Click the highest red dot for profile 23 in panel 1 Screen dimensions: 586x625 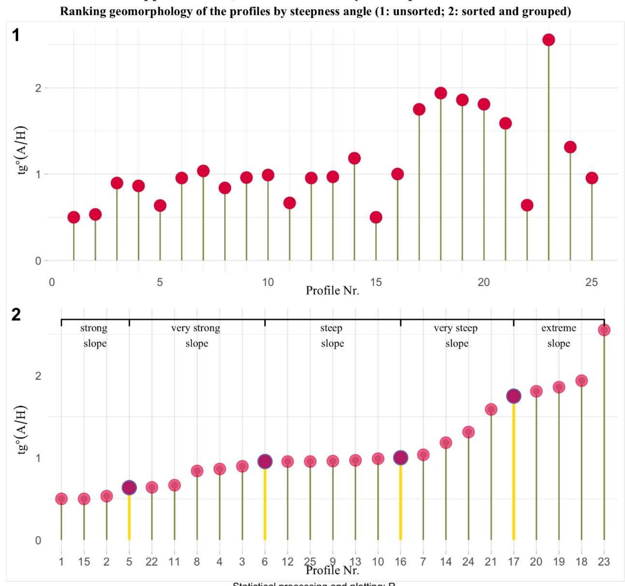click(x=549, y=40)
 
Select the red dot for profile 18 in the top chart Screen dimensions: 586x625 click(x=441, y=93)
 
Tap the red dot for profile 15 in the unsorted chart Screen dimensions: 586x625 click(x=376, y=217)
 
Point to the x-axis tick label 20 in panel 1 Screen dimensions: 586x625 click(x=483, y=282)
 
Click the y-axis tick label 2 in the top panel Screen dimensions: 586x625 click(x=38, y=88)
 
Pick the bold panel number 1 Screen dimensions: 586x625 click(x=16, y=35)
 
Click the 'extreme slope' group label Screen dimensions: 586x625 click(x=558, y=336)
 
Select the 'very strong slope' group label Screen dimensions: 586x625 click(x=196, y=336)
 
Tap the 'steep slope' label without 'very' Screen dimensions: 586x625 click(x=332, y=336)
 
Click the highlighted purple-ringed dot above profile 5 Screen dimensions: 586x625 click(x=129, y=488)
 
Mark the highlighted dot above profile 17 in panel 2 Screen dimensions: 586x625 click(x=513, y=396)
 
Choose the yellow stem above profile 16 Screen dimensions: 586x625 click(x=400, y=503)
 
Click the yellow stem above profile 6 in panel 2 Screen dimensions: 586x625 click(x=265, y=503)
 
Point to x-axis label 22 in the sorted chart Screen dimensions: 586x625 click(x=152, y=562)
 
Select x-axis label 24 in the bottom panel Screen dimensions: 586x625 click(x=468, y=562)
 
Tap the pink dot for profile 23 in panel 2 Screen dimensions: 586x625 click(x=604, y=330)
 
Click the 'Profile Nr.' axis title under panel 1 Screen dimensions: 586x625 click(x=332, y=291)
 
